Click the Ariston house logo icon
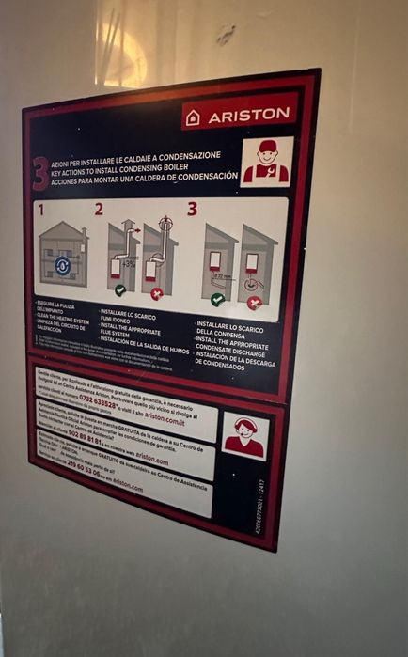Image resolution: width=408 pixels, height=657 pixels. pyautogui.click(x=194, y=117)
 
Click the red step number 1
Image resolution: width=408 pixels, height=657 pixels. pyautogui.click(x=41, y=208)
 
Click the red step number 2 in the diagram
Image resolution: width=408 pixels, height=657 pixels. pyautogui.click(x=98, y=209)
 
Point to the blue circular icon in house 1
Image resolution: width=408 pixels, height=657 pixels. pyautogui.click(x=62, y=264)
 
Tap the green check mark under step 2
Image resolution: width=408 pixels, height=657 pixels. pyautogui.click(x=120, y=289)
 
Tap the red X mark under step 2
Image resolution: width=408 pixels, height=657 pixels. pyautogui.click(x=156, y=293)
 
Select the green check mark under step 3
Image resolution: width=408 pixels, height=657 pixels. pyautogui.click(x=217, y=299)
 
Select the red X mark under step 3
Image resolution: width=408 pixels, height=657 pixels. pyautogui.click(x=253, y=303)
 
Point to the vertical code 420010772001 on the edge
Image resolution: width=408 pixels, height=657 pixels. pyautogui.click(x=260, y=505)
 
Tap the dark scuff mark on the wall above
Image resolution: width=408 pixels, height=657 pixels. pyautogui.click(x=225, y=36)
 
